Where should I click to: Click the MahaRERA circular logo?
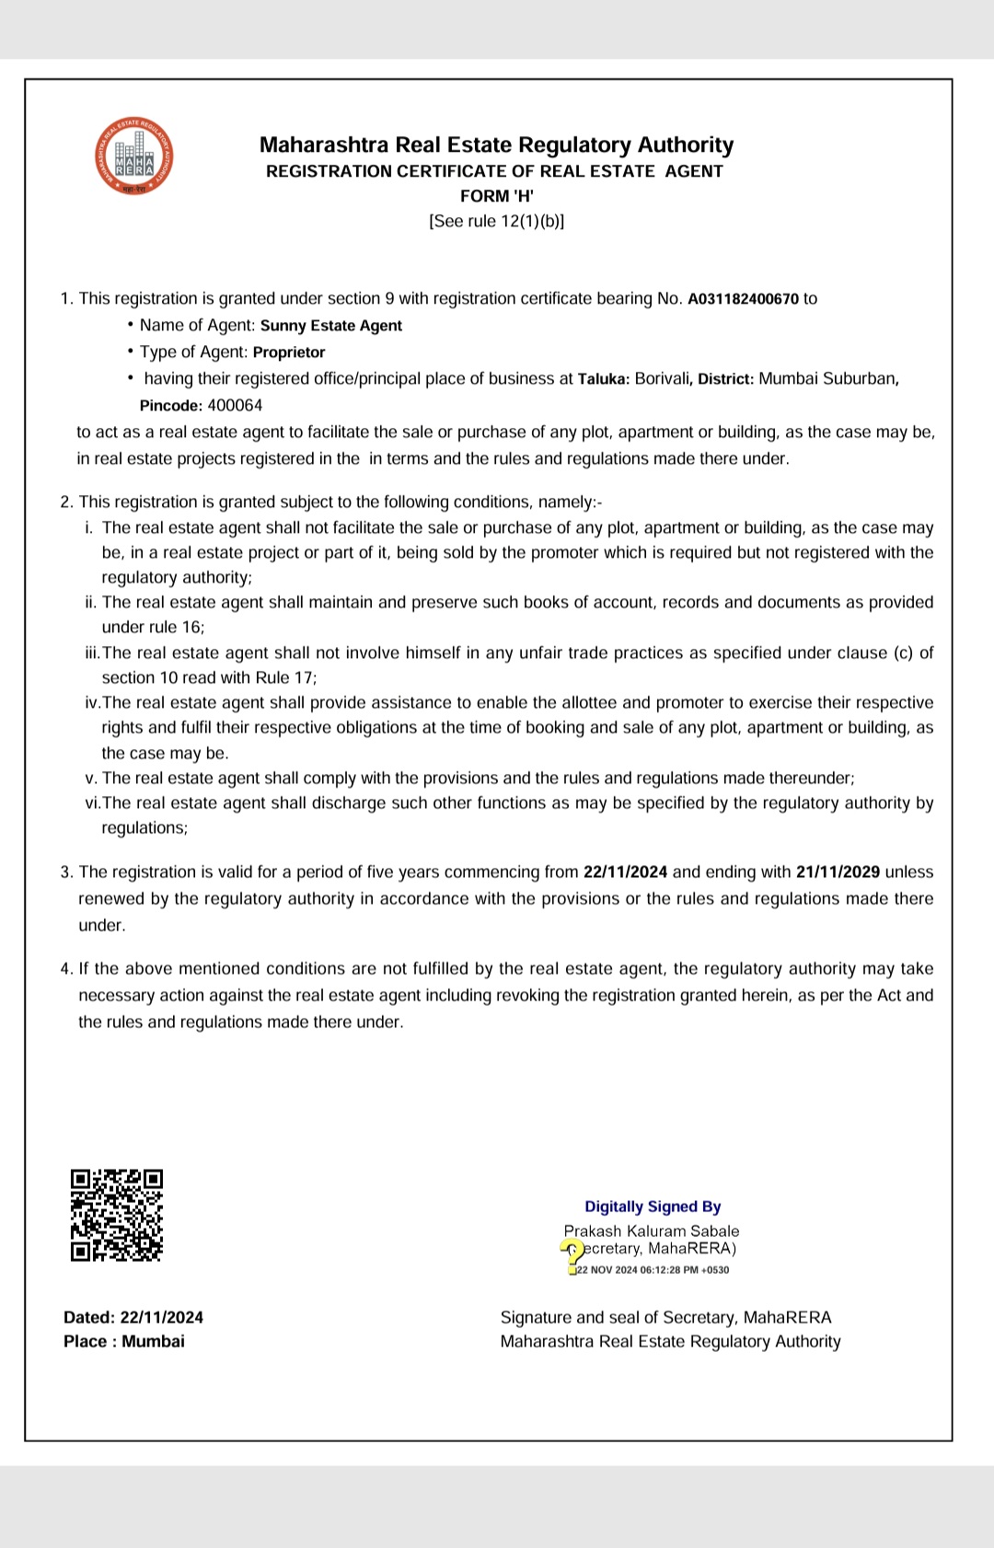134,156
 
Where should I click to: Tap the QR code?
116,1215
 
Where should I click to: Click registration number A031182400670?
743,299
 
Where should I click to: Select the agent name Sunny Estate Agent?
330,326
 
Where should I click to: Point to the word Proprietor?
289,352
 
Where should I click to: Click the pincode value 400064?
235,406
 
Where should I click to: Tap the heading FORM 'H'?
497,196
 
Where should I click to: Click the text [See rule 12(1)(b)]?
497,222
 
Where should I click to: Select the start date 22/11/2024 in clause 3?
626,872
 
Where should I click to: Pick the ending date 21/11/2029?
838,872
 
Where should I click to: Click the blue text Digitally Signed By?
653,1207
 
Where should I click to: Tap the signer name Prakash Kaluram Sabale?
652,1231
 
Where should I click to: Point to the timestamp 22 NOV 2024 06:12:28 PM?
653,1270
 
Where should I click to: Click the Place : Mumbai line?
124,1342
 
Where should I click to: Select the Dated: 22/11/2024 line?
133,1318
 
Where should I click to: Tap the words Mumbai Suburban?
826,379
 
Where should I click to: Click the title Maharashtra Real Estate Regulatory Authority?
496,145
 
